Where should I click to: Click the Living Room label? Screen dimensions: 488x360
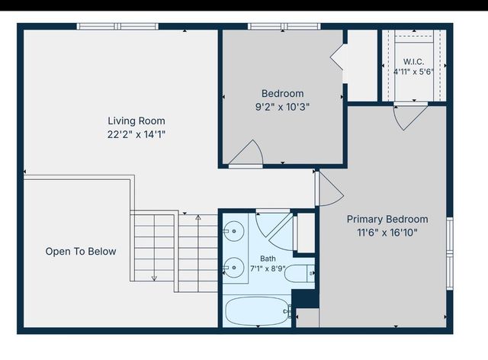coord(136,121)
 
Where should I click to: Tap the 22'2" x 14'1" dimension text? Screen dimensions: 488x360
coord(136,134)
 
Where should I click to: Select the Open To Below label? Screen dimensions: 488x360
coord(81,252)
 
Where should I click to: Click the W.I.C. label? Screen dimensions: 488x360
coord(413,61)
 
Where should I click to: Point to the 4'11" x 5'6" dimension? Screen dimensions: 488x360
coord(413,72)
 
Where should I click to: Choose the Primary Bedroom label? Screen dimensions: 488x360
coord(387,219)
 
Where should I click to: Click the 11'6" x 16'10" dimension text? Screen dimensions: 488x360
coord(387,233)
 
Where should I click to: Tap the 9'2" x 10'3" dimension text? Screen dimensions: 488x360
coord(283,107)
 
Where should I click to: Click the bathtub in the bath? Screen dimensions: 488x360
coord(258,311)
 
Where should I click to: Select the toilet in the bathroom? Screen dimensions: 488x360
coord(300,273)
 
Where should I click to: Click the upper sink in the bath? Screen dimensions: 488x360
coord(234,231)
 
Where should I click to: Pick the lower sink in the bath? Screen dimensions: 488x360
coord(234,268)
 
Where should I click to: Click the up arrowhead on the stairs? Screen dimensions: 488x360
coord(198,217)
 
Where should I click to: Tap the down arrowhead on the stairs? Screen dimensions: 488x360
coord(154,278)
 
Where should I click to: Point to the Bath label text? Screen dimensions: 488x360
coord(268,259)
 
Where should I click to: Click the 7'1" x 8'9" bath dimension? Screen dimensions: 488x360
coord(268,268)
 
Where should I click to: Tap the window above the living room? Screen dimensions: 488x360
coord(117,27)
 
